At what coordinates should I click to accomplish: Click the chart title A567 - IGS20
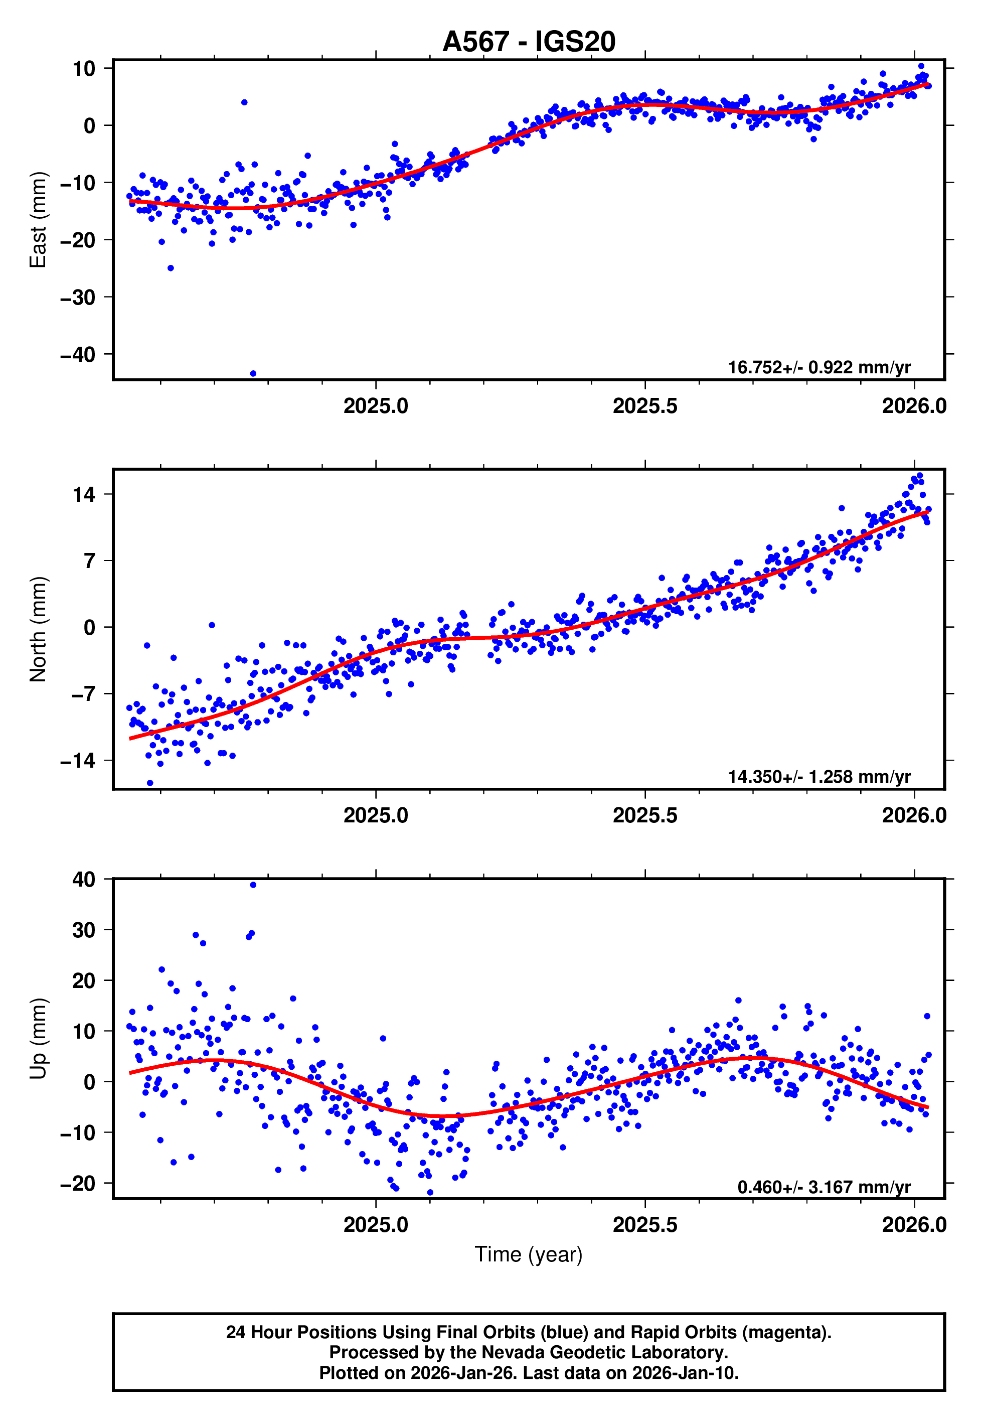pyautogui.click(x=529, y=42)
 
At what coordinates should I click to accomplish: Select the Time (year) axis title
pyautogui.click(x=529, y=1254)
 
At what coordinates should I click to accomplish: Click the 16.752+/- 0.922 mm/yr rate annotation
pyautogui.click(x=819, y=367)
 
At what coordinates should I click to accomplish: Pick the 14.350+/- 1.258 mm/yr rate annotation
pyautogui.click(x=819, y=777)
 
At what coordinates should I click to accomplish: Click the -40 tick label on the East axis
pyautogui.click(x=78, y=355)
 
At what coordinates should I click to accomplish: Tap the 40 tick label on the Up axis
pyautogui.click(x=84, y=880)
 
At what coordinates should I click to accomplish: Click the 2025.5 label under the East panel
pyautogui.click(x=644, y=406)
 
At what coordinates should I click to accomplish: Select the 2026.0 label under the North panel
pyautogui.click(x=914, y=816)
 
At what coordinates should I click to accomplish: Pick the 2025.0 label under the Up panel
pyautogui.click(x=376, y=1225)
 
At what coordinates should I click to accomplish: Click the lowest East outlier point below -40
pyautogui.click(x=253, y=374)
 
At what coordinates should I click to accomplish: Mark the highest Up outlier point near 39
pyautogui.click(x=253, y=885)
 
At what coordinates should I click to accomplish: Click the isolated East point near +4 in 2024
pyautogui.click(x=244, y=102)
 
